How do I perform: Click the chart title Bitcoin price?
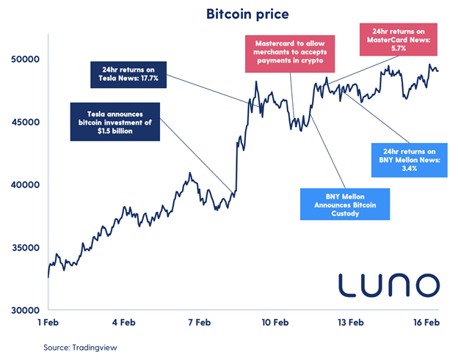(228, 14)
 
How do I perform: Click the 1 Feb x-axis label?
(48, 323)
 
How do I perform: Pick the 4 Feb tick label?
(123, 323)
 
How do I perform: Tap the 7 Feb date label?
(199, 323)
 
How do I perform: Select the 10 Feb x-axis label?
(275, 323)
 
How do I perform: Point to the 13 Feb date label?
(350, 323)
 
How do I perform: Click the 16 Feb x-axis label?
(426, 323)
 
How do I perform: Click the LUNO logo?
(388, 284)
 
